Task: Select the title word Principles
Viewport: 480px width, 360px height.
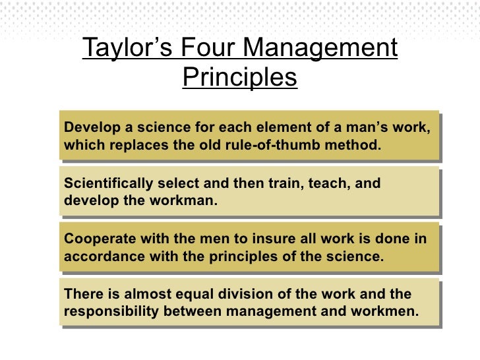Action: tap(240, 78)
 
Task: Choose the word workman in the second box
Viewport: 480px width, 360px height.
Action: tap(181, 200)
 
